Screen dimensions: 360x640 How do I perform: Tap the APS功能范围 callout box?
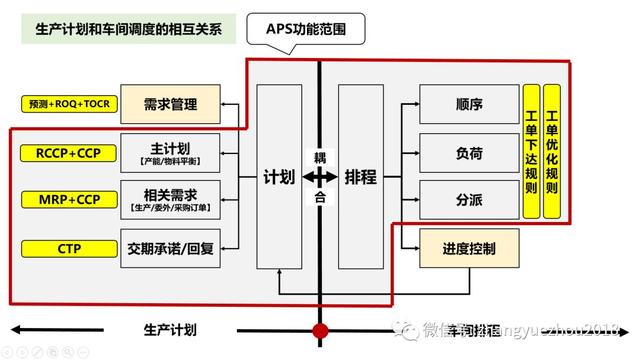click(x=319, y=28)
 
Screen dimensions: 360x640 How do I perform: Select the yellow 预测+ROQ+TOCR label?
click(x=69, y=103)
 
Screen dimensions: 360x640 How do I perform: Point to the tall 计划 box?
click(x=279, y=177)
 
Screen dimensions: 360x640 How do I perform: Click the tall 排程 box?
click(x=360, y=177)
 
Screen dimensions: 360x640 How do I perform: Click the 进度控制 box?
click(x=469, y=248)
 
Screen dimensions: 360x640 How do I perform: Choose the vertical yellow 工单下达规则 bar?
click(x=531, y=152)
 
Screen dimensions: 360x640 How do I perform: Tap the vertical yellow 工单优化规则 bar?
click(x=552, y=152)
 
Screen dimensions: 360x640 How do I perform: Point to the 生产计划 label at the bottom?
click(x=171, y=329)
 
